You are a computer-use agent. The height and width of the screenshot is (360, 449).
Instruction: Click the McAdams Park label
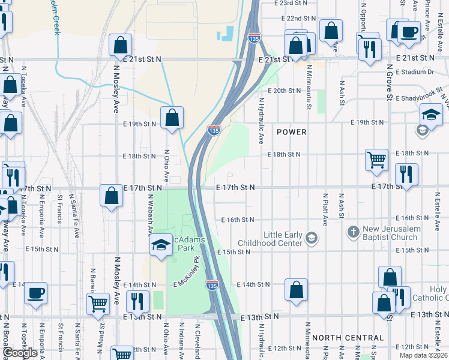(189, 244)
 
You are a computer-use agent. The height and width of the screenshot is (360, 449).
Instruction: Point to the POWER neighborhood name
(292, 132)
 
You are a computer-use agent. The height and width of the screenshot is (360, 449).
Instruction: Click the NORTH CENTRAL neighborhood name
(348, 338)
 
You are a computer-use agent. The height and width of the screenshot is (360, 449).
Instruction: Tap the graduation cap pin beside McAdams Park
(161, 245)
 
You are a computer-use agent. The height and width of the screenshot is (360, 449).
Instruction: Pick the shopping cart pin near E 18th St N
(377, 160)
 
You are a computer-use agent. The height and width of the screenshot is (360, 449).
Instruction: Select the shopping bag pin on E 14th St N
(297, 290)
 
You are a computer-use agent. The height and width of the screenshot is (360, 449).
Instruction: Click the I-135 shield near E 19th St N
(213, 130)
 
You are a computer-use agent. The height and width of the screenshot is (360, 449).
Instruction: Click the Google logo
(20, 353)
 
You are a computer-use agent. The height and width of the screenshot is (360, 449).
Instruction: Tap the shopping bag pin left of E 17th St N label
(111, 195)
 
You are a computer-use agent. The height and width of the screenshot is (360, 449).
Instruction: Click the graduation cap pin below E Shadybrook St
(431, 115)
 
